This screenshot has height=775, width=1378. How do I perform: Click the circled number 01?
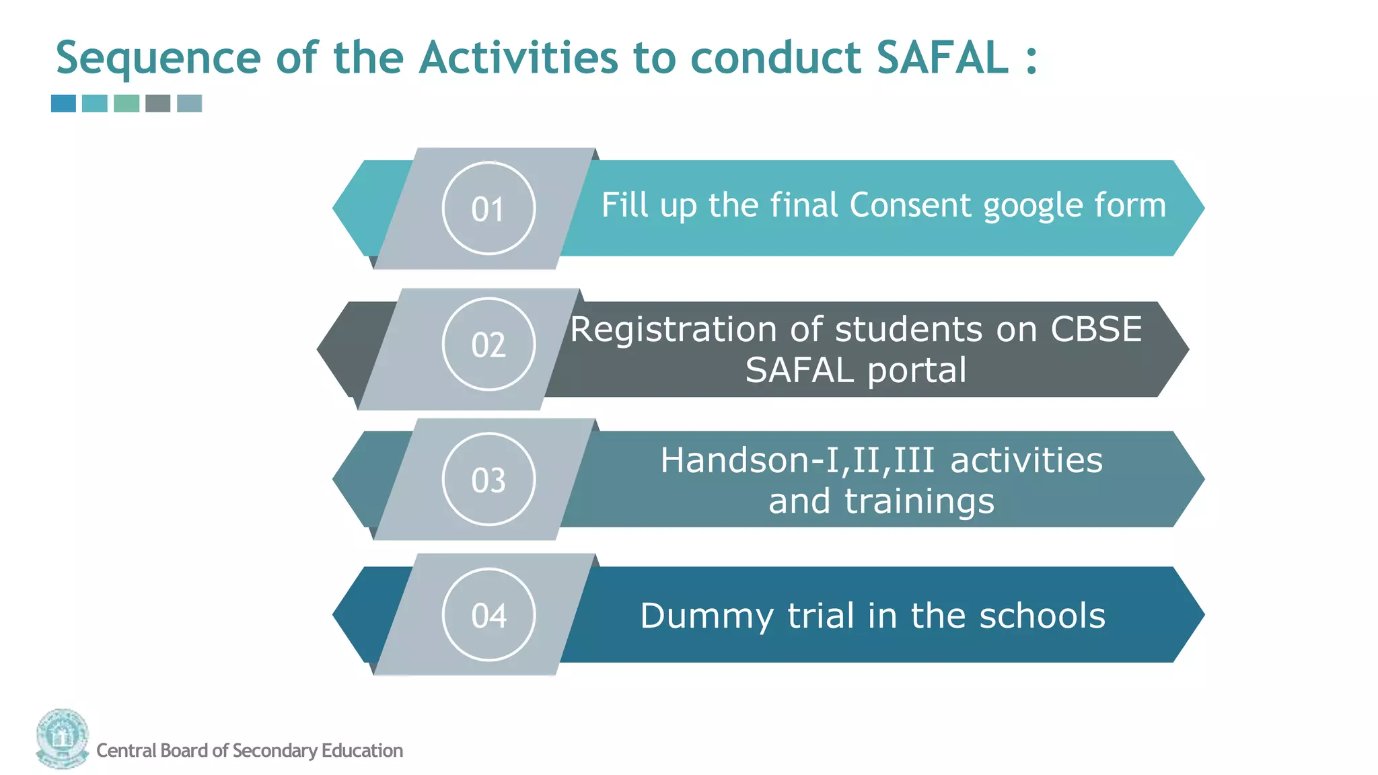click(x=488, y=209)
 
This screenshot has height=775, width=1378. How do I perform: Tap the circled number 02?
click(x=488, y=344)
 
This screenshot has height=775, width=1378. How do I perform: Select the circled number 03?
click(x=488, y=480)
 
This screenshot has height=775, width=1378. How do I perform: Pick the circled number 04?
click(x=488, y=615)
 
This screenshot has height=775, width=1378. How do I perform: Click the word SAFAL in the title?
click(x=942, y=57)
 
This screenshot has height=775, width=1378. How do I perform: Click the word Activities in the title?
click(x=518, y=57)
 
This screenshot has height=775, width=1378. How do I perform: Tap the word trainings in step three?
click(x=919, y=503)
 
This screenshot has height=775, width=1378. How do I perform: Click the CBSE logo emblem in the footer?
click(x=63, y=738)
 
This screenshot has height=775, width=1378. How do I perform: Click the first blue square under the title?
click(x=64, y=103)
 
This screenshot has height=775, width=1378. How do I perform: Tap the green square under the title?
click(x=126, y=103)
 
